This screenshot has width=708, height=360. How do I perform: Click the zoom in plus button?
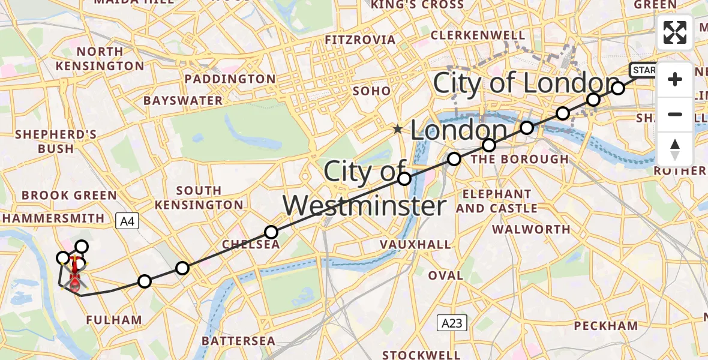(675, 80)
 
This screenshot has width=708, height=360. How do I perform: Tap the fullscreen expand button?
(675, 32)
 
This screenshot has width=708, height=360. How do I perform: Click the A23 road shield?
(452, 323)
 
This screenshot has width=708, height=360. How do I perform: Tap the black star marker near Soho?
(398, 129)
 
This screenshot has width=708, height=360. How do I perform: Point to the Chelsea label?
(251, 245)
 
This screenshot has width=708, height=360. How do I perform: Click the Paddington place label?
(230, 79)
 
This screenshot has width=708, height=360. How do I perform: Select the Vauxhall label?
(415, 244)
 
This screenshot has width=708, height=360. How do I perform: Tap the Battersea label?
(238, 341)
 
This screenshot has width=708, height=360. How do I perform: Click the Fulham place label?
(114, 320)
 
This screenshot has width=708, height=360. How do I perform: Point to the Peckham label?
(605, 326)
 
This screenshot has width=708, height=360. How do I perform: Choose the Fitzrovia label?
(360, 40)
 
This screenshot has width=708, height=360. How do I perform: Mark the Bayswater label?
(183, 100)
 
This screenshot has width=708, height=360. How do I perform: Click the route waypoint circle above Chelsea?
(271, 232)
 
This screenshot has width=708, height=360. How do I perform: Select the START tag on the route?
(643, 70)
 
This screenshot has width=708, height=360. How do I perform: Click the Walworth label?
(531, 229)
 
